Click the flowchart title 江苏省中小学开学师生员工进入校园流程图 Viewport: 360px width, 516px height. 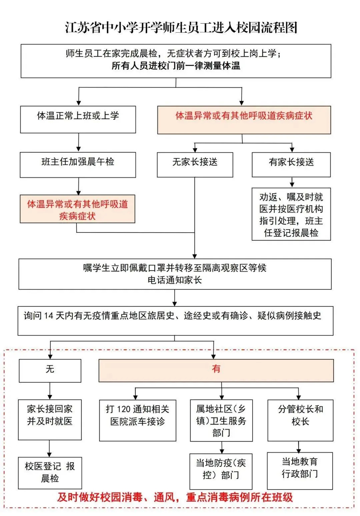pyautogui.click(x=181, y=28)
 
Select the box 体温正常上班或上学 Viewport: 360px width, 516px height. pyautogui.click(x=78, y=119)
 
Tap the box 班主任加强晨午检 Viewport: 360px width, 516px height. pyautogui.click(x=78, y=164)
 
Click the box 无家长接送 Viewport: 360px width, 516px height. pyautogui.click(x=195, y=164)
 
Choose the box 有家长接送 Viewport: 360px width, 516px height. pyautogui.click(x=291, y=164)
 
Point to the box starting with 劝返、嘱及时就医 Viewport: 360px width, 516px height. pyautogui.click(x=291, y=214)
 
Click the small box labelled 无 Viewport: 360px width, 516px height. pyautogui.click(x=50, y=370)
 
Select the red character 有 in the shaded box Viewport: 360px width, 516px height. pyautogui.click(x=216, y=369)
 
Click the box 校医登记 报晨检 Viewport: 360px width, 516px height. pyautogui.click(x=50, y=473)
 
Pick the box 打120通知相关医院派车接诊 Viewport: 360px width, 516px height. pyautogui.click(x=137, y=420)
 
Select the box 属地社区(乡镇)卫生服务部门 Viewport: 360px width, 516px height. pyautogui.click(x=221, y=420)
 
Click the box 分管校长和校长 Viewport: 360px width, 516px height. pyautogui.click(x=300, y=420)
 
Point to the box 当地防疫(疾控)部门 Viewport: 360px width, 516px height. pyautogui.click(x=221, y=471)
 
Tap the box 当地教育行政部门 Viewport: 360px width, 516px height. pyautogui.click(x=300, y=470)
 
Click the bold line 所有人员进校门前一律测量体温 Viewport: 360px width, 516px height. pyautogui.click(x=176, y=66)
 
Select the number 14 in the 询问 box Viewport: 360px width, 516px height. pyautogui.click(x=49, y=316)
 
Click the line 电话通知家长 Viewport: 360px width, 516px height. pyautogui.click(x=175, y=280)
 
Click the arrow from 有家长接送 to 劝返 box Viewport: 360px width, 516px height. pyautogui.click(x=292, y=182)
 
